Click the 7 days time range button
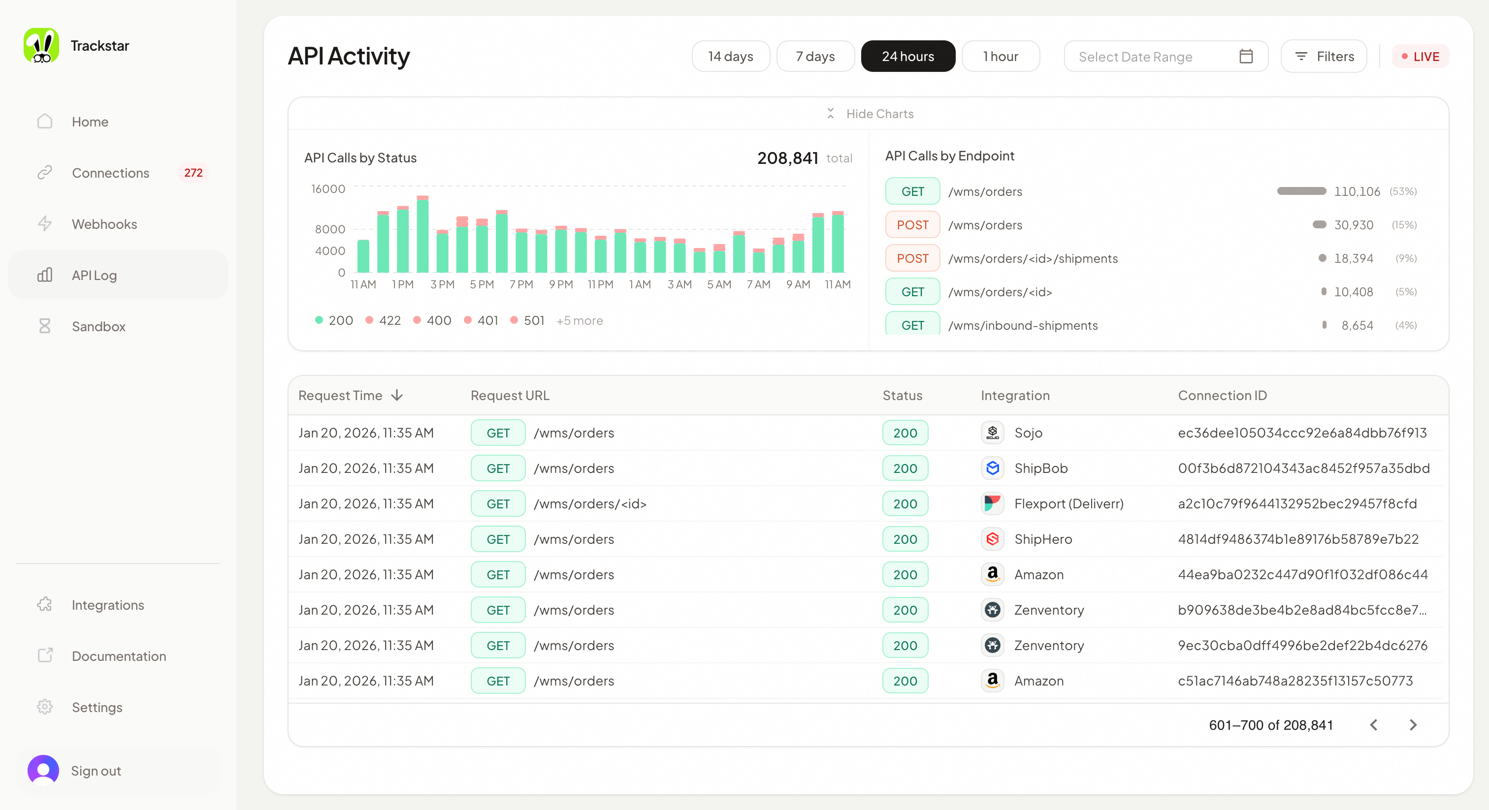click(815, 56)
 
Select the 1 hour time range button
click(1000, 56)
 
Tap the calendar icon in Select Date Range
click(1246, 56)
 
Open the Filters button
click(1324, 56)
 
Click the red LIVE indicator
click(1420, 57)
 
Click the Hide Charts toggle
click(870, 114)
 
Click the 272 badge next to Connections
click(193, 173)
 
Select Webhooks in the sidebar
click(104, 224)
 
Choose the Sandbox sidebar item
click(98, 326)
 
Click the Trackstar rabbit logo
click(41, 46)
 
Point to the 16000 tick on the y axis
click(328, 189)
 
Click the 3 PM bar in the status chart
click(442, 251)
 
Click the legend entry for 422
click(383, 321)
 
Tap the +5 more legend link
click(579, 321)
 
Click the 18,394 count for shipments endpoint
click(1353, 258)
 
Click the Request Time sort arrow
click(396, 395)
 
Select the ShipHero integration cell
click(1042, 539)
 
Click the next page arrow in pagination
click(1413, 725)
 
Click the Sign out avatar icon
click(43, 770)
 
